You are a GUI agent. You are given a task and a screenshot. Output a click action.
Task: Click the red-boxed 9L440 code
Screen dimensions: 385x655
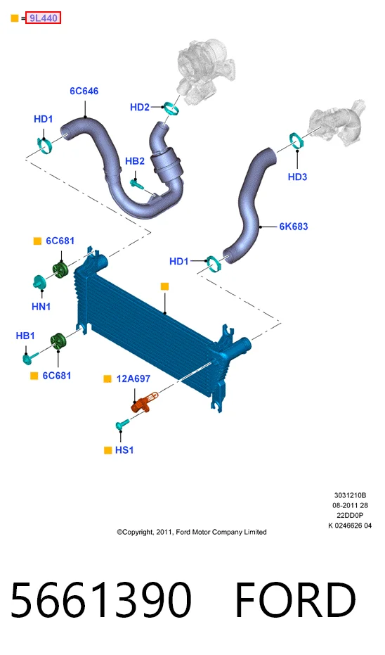(x=44, y=18)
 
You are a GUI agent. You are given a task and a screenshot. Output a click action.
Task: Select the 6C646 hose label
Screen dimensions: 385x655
(x=84, y=91)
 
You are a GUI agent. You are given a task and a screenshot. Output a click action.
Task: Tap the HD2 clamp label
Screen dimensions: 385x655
(x=139, y=108)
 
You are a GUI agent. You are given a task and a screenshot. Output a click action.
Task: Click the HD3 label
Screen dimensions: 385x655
(x=297, y=177)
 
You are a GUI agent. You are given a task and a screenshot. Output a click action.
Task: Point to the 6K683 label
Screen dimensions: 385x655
(x=294, y=227)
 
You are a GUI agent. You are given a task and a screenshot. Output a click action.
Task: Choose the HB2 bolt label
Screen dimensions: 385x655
(x=135, y=161)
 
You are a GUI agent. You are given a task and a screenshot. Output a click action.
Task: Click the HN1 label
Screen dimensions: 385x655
(x=41, y=307)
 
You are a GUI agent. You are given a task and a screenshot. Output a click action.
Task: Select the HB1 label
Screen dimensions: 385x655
(x=25, y=336)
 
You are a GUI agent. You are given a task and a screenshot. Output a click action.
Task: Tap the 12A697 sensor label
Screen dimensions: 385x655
(x=133, y=379)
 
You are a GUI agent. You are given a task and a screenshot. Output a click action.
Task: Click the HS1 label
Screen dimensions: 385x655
(x=124, y=450)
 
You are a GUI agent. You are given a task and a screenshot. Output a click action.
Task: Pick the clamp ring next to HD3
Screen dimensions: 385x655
(x=296, y=140)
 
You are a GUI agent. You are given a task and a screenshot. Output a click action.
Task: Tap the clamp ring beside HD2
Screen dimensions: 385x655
(x=171, y=108)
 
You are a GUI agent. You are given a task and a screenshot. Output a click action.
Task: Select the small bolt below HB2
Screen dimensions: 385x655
(x=136, y=183)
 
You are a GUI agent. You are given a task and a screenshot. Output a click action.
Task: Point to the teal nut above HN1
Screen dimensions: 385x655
(x=39, y=282)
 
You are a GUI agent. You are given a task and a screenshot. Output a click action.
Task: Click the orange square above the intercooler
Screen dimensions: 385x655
(x=165, y=286)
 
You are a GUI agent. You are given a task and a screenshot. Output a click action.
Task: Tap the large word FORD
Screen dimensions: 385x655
(x=295, y=599)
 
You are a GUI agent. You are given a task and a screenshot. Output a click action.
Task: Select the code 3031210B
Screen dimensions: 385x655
(x=350, y=495)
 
